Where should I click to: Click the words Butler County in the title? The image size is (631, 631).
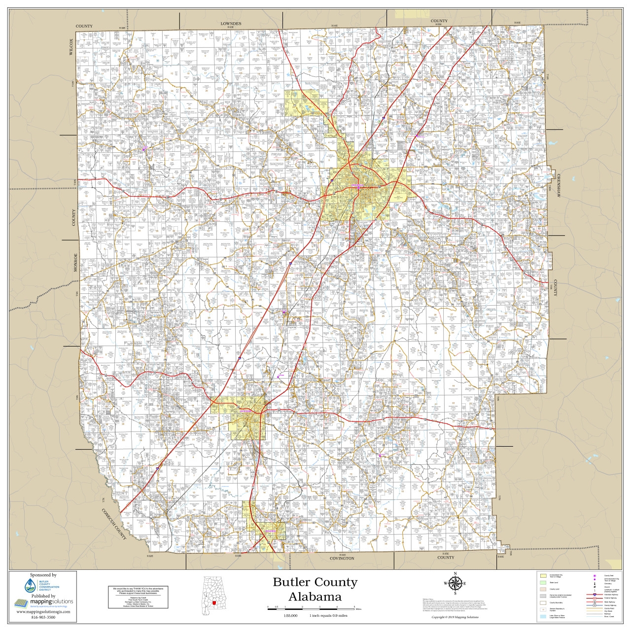click(315, 582)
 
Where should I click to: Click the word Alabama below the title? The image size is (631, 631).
click(315, 596)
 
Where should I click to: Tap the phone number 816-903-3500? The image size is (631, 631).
click(43, 617)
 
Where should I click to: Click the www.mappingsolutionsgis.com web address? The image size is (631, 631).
click(43, 612)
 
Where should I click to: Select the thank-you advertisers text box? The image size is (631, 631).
click(138, 597)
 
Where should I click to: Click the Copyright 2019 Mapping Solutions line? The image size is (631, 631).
click(455, 617)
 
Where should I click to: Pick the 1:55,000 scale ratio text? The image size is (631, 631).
click(291, 616)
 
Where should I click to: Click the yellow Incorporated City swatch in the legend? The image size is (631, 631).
click(543, 575)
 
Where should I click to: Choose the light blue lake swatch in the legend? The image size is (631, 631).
click(543, 617)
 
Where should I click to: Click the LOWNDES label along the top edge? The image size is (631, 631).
click(231, 24)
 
